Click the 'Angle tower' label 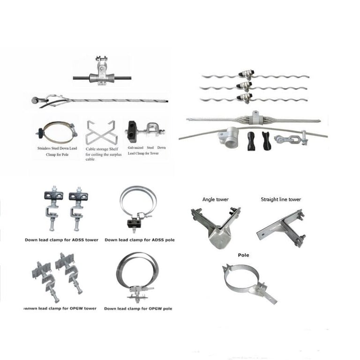pos(215,200)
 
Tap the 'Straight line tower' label pos(281,200)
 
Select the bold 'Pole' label pos(243,255)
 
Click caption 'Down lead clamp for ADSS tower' pos(61,240)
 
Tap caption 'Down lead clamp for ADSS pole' pos(140,240)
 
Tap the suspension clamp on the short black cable pos(102,73)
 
